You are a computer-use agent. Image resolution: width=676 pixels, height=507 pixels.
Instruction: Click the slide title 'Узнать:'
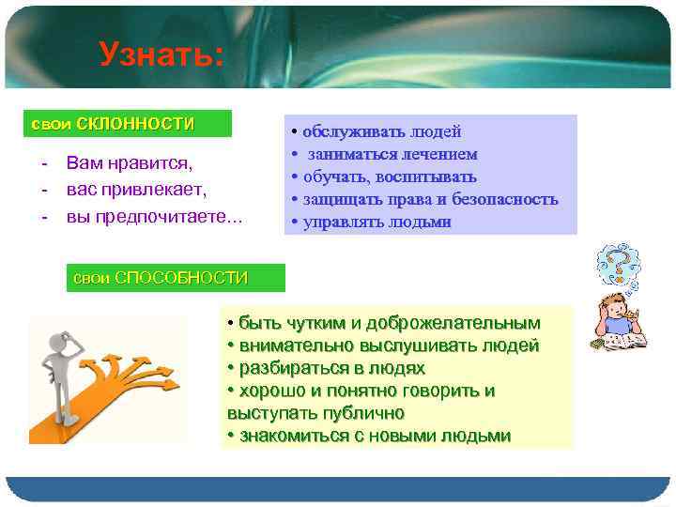(161, 54)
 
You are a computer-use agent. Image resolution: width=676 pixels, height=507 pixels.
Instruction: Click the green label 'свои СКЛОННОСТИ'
(114, 124)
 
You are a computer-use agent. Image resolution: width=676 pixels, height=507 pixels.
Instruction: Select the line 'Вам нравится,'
(129, 163)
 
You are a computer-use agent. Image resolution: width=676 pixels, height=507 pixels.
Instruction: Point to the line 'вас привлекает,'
(136, 190)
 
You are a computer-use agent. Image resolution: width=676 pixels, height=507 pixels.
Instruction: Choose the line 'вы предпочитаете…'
(154, 217)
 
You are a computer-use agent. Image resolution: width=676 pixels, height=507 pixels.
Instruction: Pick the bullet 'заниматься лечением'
(391, 154)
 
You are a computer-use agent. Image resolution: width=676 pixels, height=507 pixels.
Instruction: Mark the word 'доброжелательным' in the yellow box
(460, 323)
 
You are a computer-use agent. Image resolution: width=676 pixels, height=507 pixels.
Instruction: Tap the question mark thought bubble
(619, 264)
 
